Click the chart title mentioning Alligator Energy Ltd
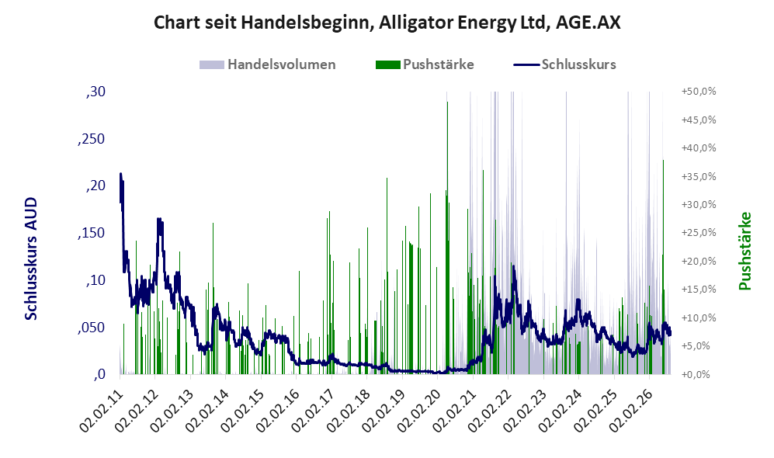[387, 23]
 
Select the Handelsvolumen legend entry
[268, 64]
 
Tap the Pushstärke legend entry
[425, 64]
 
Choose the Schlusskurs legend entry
[564, 64]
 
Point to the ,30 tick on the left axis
[95, 92]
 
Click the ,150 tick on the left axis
[92, 233]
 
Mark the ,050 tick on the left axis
[92, 328]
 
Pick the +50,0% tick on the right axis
[699, 92]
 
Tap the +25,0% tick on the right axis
[699, 232]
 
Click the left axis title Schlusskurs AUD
[31, 258]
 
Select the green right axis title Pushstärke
[744, 251]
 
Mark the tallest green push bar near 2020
[447, 238]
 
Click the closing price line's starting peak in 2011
[120, 174]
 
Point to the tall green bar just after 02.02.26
[663, 266]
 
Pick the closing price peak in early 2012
[159, 219]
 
